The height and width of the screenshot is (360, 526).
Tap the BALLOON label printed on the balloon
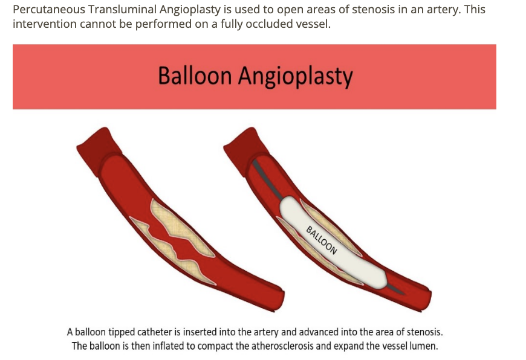coord(321,240)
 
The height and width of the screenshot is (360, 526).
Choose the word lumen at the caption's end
coord(423,346)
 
